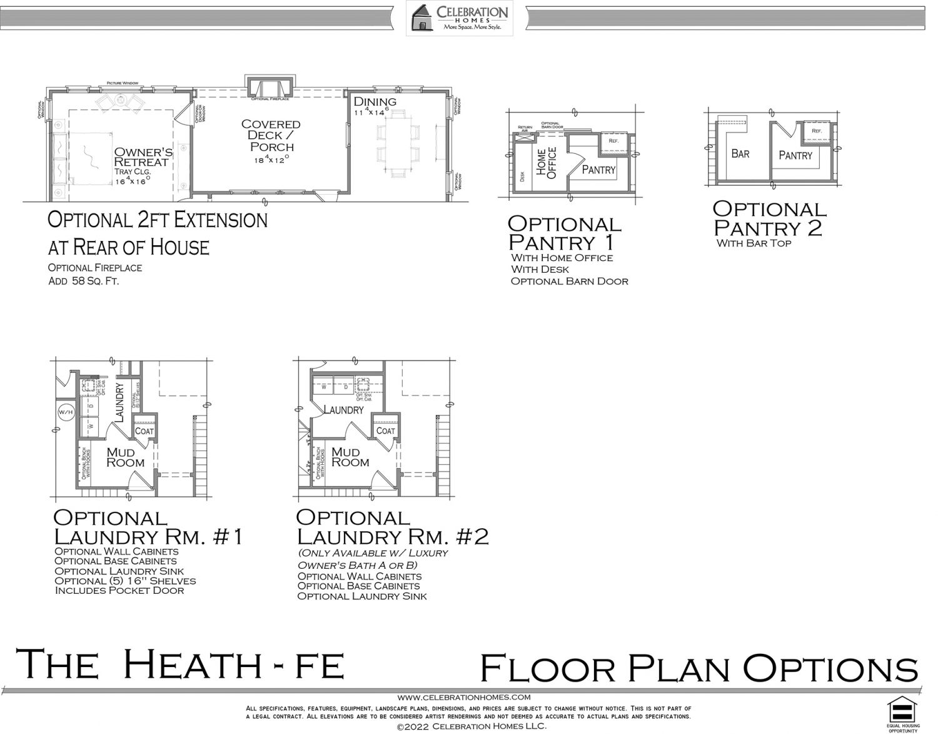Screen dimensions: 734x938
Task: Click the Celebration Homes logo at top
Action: [x=459, y=18]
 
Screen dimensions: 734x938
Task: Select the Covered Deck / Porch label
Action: [x=271, y=135]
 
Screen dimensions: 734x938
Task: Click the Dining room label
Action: [x=375, y=102]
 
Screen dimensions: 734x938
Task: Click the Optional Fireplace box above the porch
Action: [x=270, y=88]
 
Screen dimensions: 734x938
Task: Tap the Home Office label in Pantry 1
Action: [x=547, y=163]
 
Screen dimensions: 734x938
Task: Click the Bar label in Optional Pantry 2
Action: [x=740, y=154]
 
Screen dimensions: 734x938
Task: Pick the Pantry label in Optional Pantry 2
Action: [x=795, y=156]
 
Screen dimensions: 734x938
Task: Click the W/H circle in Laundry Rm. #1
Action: [x=66, y=412]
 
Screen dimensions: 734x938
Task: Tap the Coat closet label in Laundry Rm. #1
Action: [x=144, y=431]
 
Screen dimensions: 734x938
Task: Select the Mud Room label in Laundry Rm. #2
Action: [x=350, y=457]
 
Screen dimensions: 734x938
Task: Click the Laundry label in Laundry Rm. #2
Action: [x=343, y=410]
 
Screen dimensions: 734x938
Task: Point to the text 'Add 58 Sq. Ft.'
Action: [x=84, y=281]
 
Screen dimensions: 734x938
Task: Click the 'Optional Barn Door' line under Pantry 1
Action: [x=569, y=281]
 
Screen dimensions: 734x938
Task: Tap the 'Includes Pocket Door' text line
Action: [x=119, y=590]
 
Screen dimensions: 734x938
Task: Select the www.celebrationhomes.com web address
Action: [x=463, y=696]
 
